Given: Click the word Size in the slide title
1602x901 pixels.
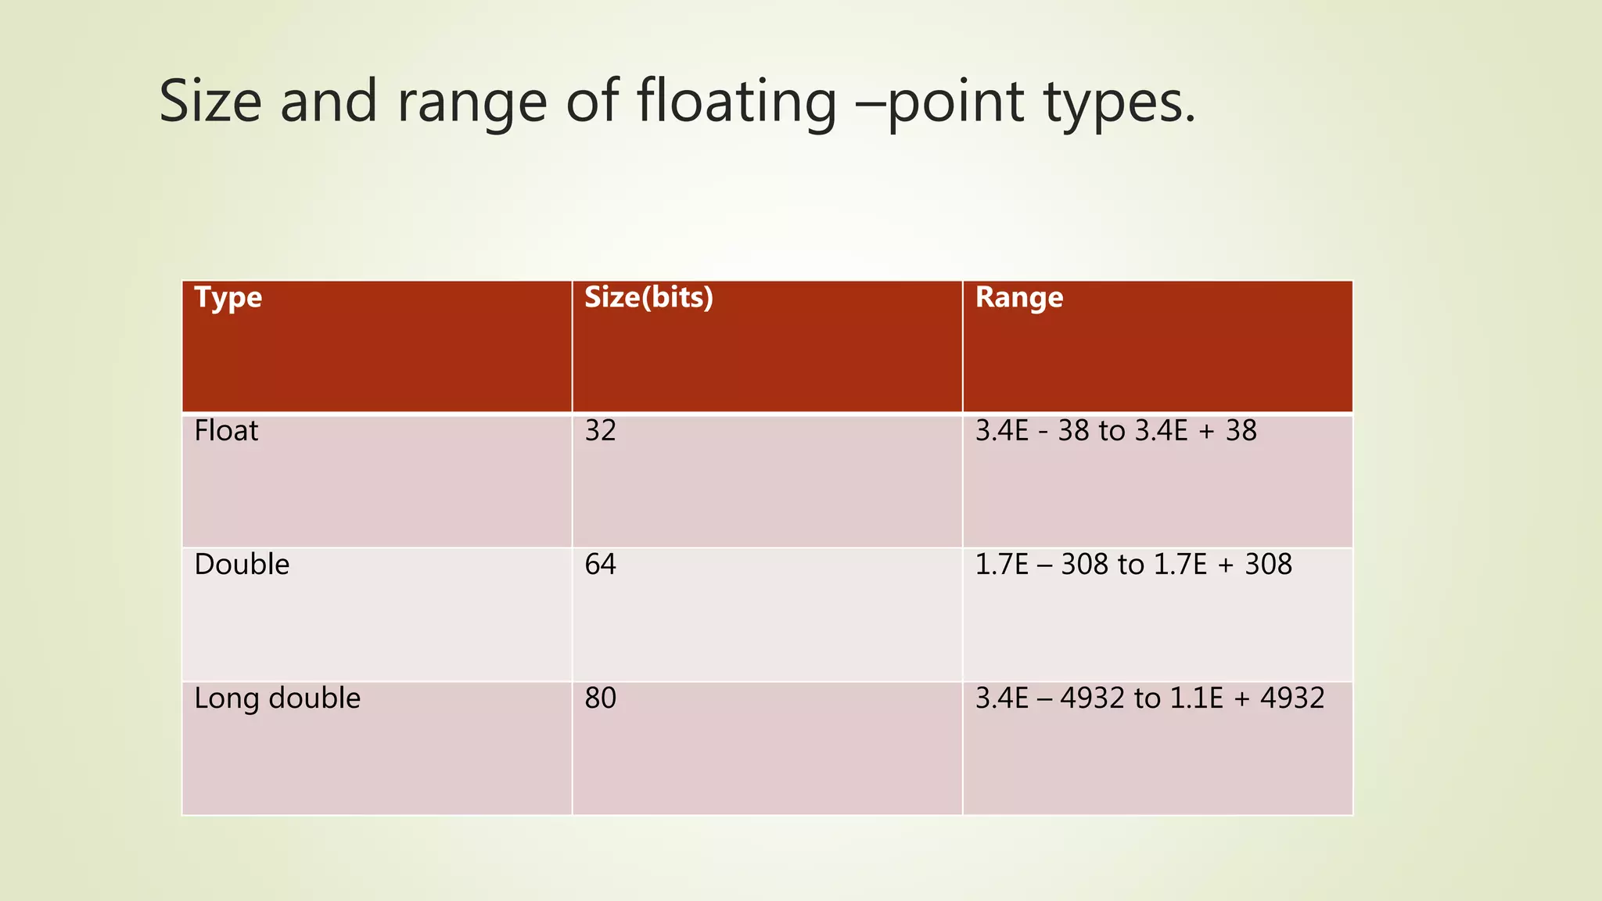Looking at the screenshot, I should [x=210, y=102].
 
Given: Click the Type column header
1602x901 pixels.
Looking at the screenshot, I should [x=228, y=298].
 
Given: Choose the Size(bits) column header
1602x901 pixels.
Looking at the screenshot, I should [x=648, y=297].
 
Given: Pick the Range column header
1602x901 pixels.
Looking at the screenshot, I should [x=1018, y=297].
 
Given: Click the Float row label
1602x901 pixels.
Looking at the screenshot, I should [x=226, y=431].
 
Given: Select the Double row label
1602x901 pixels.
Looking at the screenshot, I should [x=242, y=565].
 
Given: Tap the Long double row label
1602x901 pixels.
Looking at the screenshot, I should [x=277, y=698].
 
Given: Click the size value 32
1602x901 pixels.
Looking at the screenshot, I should [x=600, y=431].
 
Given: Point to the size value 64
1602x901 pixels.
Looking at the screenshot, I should [x=600, y=565].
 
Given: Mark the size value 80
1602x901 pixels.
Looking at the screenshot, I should [x=600, y=698].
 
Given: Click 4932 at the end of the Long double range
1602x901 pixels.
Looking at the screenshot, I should [x=1292, y=698].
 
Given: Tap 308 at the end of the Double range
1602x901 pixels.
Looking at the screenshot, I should [x=1268, y=565].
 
